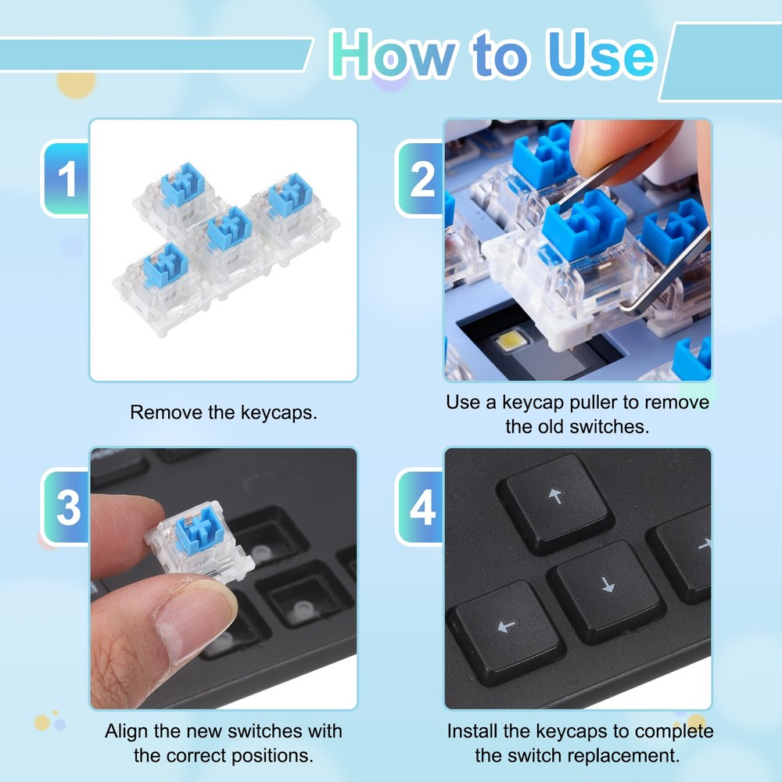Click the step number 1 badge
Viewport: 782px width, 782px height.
pyautogui.click(x=67, y=179)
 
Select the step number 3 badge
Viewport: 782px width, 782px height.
pyautogui.click(x=67, y=508)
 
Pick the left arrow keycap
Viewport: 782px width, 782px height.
pyautogui.click(x=507, y=626)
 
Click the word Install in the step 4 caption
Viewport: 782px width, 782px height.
pyautogui.click(x=475, y=732)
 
